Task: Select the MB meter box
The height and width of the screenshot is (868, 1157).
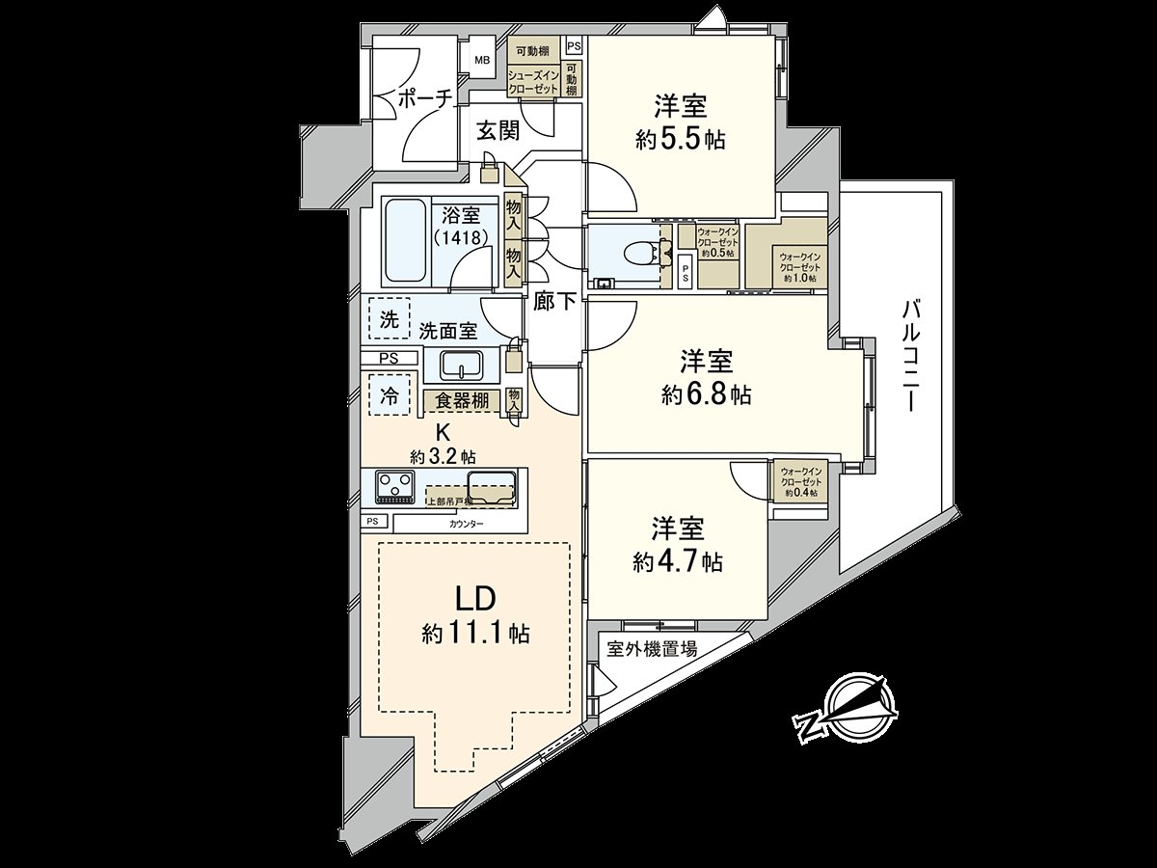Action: [x=481, y=60]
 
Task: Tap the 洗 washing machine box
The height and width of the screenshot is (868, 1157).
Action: [x=389, y=321]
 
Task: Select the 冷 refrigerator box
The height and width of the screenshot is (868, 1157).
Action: [x=389, y=393]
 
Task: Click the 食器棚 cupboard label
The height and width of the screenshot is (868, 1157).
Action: [x=463, y=400]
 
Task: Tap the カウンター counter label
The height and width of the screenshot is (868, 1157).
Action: [x=466, y=524]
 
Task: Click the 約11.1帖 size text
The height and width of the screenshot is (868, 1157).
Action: [x=475, y=634]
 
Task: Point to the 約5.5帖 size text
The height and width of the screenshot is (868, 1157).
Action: [x=681, y=140]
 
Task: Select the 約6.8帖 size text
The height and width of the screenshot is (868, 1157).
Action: [x=707, y=393]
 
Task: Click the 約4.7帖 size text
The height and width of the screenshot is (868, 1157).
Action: [x=678, y=561]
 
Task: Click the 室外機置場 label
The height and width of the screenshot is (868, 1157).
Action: [x=652, y=649]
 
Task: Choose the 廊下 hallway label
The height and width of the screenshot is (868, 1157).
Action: [x=554, y=302]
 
